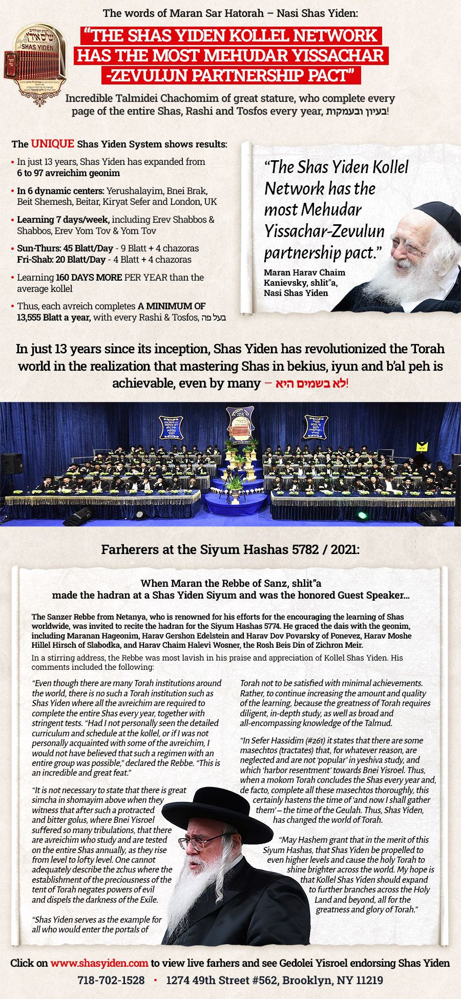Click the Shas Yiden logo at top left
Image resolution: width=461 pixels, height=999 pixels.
(35, 60)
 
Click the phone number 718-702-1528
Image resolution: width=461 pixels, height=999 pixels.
(111, 981)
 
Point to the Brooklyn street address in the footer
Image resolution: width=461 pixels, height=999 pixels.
(275, 981)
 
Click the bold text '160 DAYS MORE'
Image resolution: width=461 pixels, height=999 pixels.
(89, 278)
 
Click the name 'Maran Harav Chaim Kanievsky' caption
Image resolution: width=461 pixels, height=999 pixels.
(304, 277)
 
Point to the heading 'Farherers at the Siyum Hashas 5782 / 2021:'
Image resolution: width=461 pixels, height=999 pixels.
(230, 550)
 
